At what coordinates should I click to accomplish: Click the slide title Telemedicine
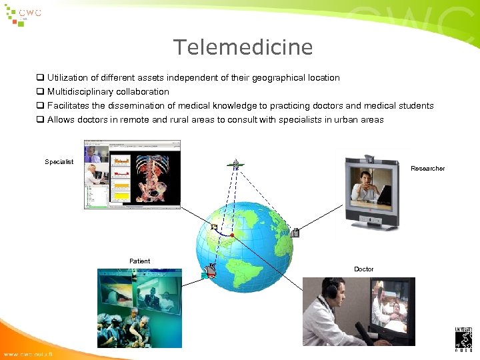pyautogui.click(x=243, y=47)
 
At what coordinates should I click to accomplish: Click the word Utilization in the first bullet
pyautogui.click(x=65, y=78)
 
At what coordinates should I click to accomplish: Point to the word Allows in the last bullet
pyautogui.click(x=60, y=120)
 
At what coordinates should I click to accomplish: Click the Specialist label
pyautogui.click(x=59, y=162)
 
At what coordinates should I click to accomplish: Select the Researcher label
pyautogui.click(x=427, y=169)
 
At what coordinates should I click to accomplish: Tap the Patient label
pyautogui.click(x=139, y=261)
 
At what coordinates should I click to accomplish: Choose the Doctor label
pyautogui.click(x=363, y=269)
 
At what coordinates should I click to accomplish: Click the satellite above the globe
pyautogui.click(x=234, y=163)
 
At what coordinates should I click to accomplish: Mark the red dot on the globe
pyautogui.click(x=231, y=235)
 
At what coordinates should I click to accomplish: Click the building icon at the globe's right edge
pyautogui.click(x=295, y=233)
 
